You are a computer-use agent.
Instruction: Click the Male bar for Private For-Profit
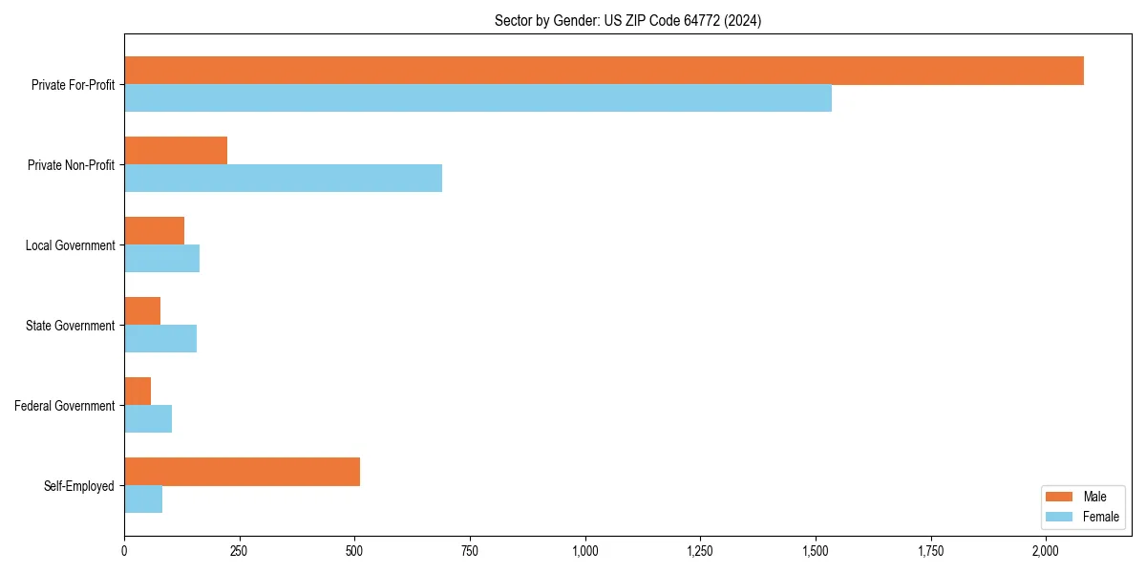pyautogui.click(x=604, y=71)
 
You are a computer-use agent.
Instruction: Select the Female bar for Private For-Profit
pyautogui.click(x=477, y=98)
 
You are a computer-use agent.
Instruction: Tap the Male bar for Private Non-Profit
pyautogui.click(x=176, y=151)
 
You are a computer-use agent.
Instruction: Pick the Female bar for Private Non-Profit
pyautogui.click(x=283, y=179)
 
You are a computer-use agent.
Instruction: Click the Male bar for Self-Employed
pyautogui.click(x=242, y=472)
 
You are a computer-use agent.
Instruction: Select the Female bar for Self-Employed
pyautogui.click(x=143, y=499)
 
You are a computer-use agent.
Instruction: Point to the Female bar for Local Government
pyautogui.click(x=161, y=259)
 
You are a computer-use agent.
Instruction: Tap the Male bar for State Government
pyautogui.click(x=142, y=311)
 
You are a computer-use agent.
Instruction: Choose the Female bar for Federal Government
pyautogui.click(x=148, y=419)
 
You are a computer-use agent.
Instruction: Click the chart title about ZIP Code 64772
pyautogui.click(x=627, y=20)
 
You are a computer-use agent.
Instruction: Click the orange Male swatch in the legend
pyautogui.click(x=1059, y=497)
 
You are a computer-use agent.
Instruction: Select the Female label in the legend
pyautogui.click(x=1100, y=517)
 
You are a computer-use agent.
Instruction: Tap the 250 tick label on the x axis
pyautogui.click(x=239, y=551)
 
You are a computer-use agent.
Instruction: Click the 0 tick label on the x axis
pyautogui.click(x=124, y=551)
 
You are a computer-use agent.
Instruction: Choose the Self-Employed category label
pyautogui.click(x=79, y=486)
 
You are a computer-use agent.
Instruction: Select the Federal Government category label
pyautogui.click(x=65, y=406)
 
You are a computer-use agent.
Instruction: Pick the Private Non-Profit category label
pyautogui.click(x=71, y=165)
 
